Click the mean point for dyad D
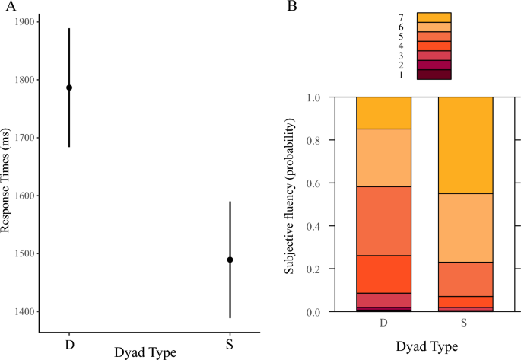69,88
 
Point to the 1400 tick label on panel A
23,311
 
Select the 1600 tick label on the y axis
23,196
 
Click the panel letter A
10,6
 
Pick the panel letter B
291,6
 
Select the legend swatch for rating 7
434,17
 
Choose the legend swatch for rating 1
434,75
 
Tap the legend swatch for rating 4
434,46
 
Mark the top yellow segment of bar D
383,113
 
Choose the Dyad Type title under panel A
148,352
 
